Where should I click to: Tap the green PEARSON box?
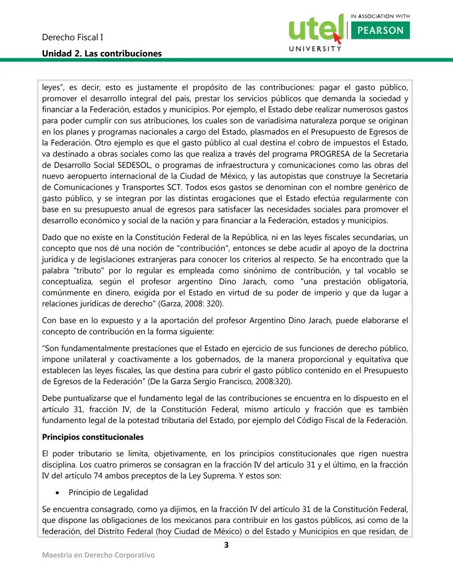380,30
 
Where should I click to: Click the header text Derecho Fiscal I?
72,37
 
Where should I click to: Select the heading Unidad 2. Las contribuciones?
102,53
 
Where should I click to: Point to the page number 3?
226,545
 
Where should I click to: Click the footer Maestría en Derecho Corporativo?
98,555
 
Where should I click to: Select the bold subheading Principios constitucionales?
93,437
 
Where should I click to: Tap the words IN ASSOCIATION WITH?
380,16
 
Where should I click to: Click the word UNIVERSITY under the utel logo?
315,49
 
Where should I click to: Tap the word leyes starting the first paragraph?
51,88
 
